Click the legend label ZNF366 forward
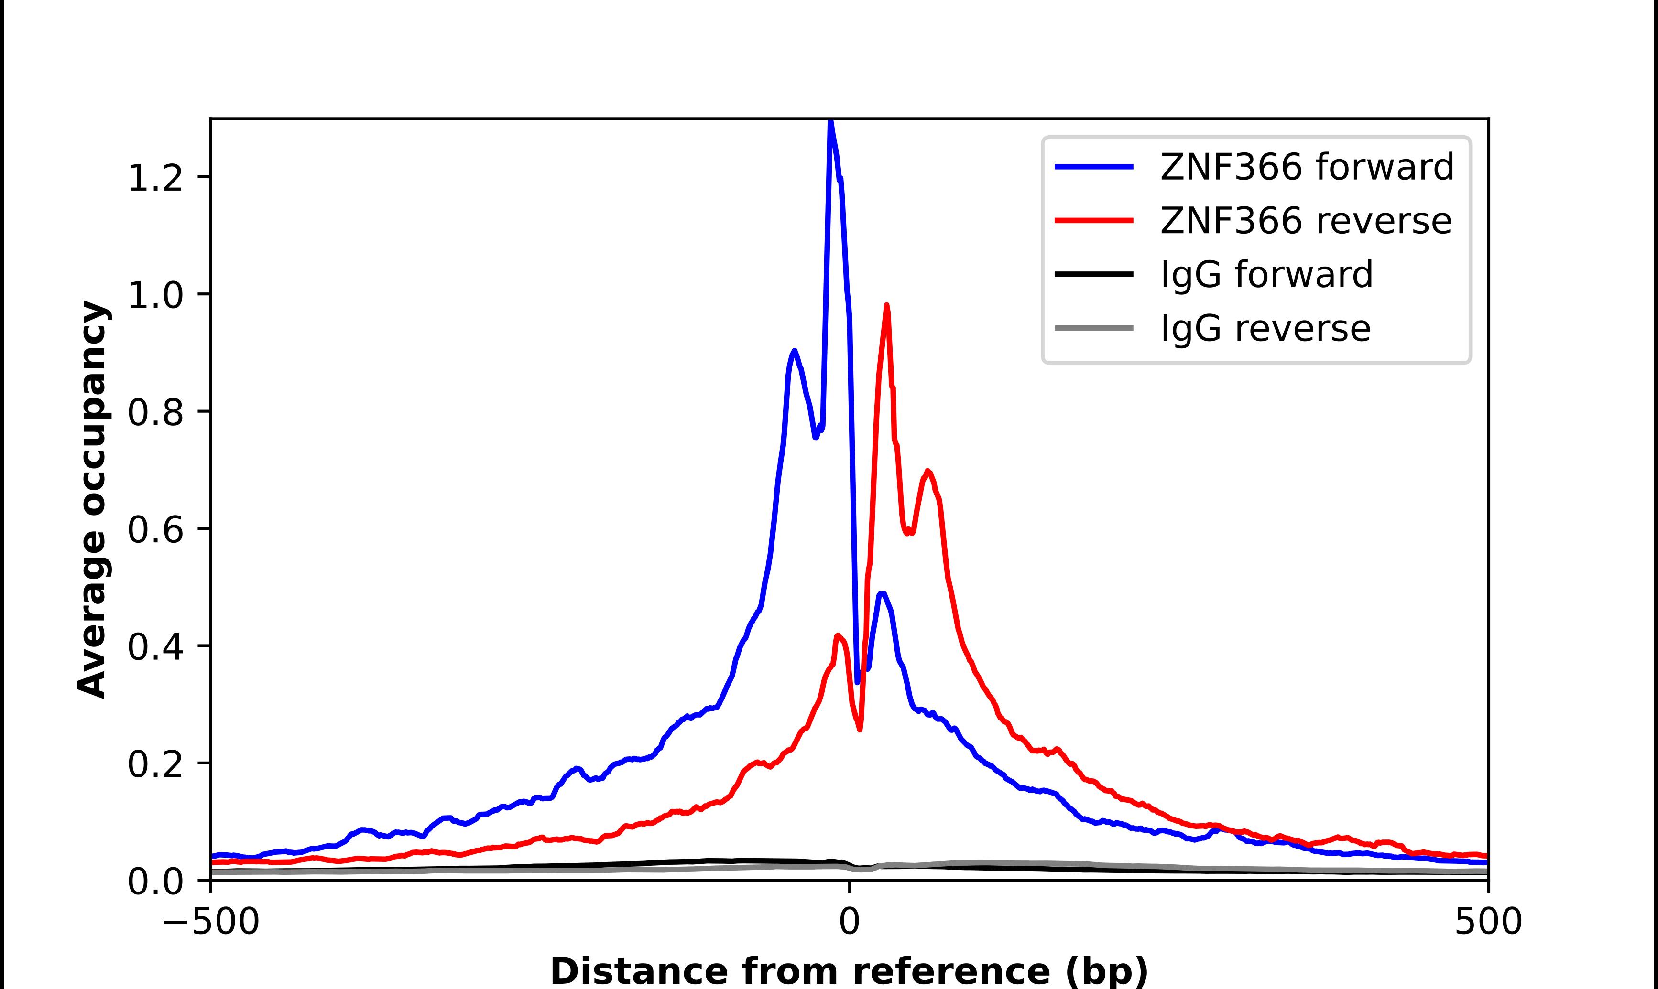tap(1307, 167)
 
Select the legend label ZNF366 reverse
tap(1305, 221)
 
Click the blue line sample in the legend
tap(1094, 167)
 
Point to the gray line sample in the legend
tap(1094, 328)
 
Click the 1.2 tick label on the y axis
tap(155, 178)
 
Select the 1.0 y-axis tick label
tap(155, 295)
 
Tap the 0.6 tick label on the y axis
tap(155, 530)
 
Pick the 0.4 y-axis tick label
tap(155, 647)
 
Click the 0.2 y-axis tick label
tap(155, 764)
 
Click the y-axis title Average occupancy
tap(92, 499)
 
